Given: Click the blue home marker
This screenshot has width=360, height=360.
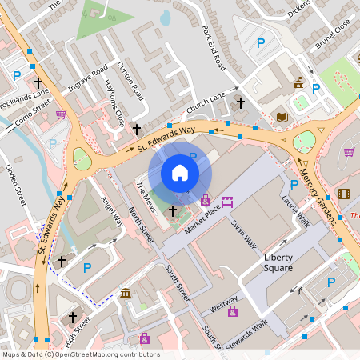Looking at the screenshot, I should (x=180, y=173).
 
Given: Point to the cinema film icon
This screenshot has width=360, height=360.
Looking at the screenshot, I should (x=344, y=194).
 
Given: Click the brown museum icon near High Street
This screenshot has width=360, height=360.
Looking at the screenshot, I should (x=126, y=294).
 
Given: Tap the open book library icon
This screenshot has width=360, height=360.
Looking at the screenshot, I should (x=282, y=118).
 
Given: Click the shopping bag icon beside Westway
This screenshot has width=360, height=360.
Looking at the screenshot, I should (x=233, y=310).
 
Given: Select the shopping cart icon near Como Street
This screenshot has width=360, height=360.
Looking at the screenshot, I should (x=61, y=114).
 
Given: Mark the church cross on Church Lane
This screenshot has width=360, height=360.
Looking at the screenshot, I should (x=240, y=102).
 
